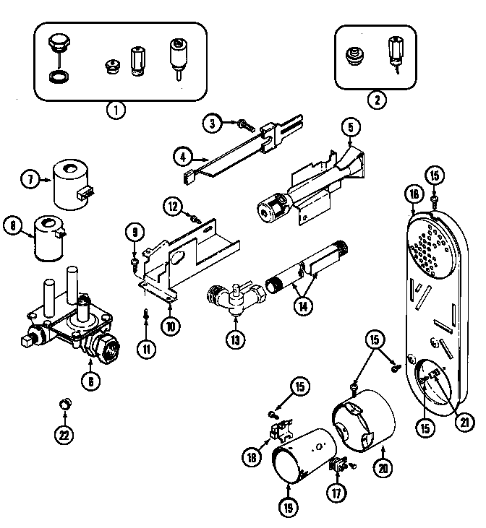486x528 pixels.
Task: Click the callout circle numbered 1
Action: click(115, 111)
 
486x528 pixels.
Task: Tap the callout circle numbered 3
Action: click(211, 124)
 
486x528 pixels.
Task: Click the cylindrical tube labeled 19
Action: click(297, 467)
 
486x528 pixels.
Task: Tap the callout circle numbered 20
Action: click(383, 467)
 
